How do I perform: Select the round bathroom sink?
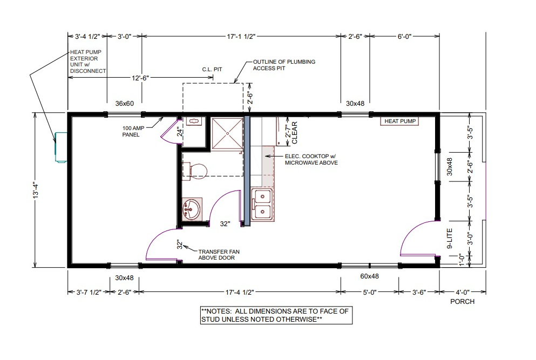click(x=192, y=208)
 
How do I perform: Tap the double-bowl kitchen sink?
click(x=262, y=205)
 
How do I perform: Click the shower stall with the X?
click(x=227, y=134)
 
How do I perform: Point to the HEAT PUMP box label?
click(x=399, y=121)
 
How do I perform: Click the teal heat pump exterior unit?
click(x=61, y=147)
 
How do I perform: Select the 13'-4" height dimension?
click(x=36, y=190)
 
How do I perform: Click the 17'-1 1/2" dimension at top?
click(x=241, y=36)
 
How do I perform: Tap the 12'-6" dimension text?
click(x=140, y=78)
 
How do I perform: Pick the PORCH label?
click(x=462, y=302)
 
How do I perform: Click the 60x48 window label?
click(x=369, y=276)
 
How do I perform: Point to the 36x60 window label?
click(x=125, y=103)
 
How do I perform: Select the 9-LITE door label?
click(x=450, y=238)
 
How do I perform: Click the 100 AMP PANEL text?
click(x=133, y=131)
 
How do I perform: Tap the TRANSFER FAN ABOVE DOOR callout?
click(x=219, y=255)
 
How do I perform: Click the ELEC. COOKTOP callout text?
click(x=311, y=159)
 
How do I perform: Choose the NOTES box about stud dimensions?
click(x=276, y=315)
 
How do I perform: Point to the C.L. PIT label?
click(x=212, y=70)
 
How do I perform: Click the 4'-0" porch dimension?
click(x=462, y=292)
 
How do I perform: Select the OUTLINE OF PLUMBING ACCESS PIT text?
click(x=284, y=65)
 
